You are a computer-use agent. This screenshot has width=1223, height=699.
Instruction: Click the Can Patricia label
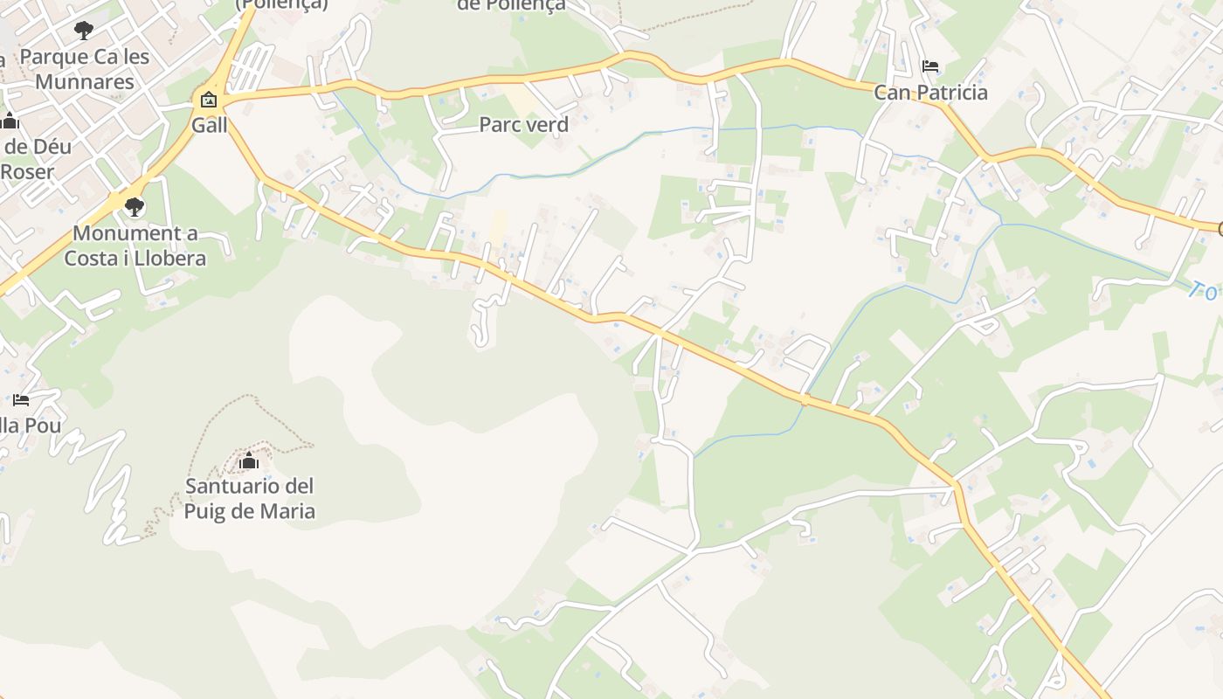(x=930, y=93)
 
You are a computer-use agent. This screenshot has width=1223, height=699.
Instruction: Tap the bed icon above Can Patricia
(x=930, y=66)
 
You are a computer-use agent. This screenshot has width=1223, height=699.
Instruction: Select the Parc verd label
(x=523, y=125)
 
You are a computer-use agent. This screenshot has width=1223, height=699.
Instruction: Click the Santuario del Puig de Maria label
(x=249, y=498)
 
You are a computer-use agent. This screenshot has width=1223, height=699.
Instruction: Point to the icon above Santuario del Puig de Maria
(x=249, y=460)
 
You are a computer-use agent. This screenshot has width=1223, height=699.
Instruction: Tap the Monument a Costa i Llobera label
(x=135, y=246)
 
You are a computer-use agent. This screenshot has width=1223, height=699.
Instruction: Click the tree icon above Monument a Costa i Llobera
(x=134, y=207)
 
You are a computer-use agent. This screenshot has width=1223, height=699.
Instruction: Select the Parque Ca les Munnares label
(x=85, y=69)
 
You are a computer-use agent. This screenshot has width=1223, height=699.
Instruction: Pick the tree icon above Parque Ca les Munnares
(x=84, y=31)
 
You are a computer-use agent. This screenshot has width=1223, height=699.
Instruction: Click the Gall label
(x=210, y=125)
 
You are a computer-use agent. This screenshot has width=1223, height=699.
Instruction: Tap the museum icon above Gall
(x=209, y=100)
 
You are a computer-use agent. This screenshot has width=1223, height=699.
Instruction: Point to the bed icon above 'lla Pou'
(x=21, y=400)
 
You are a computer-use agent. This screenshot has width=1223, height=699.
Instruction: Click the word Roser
(x=26, y=171)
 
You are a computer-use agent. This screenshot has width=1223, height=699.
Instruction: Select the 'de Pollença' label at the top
(x=511, y=5)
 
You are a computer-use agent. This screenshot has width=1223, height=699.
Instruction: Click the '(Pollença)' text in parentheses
(x=281, y=4)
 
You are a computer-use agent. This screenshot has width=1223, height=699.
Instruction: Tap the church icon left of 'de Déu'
(x=10, y=121)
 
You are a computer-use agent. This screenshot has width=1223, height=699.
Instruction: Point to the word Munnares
(x=85, y=82)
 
